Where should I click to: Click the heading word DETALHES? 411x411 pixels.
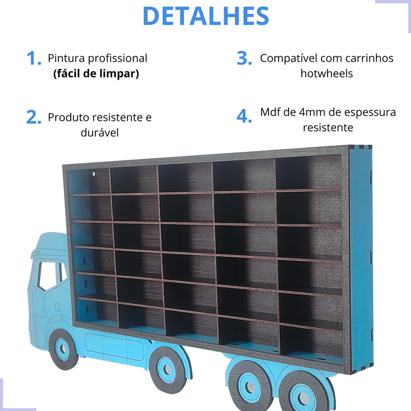205,16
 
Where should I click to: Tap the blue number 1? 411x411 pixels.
34,59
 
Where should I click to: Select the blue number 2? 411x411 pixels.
34,118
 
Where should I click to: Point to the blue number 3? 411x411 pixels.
244,59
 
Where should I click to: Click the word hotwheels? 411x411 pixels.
327,73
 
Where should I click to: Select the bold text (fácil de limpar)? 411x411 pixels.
96,74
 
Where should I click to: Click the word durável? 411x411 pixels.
100,132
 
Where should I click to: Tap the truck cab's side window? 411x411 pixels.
48,275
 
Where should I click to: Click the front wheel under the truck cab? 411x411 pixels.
63,349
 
